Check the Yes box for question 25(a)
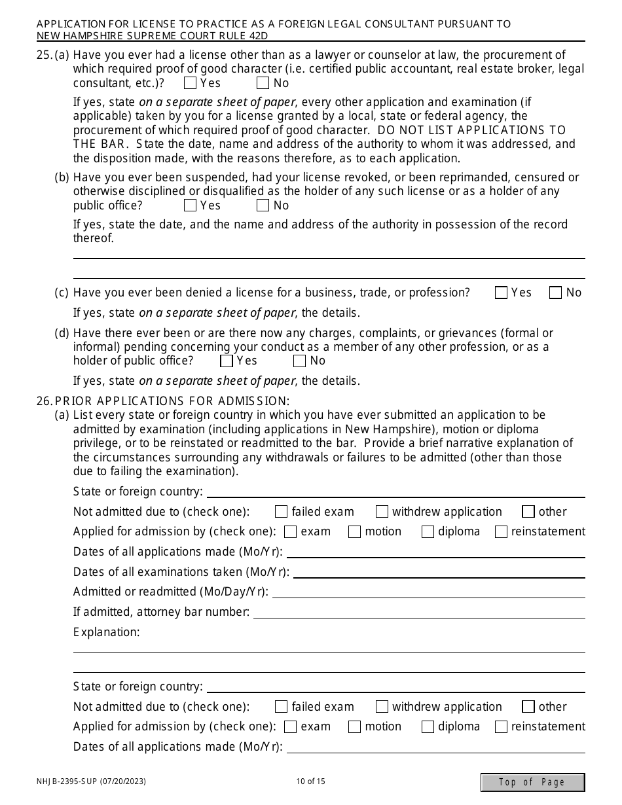(x=191, y=83)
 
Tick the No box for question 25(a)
(x=263, y=83)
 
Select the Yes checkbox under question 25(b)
(x=191, y=206)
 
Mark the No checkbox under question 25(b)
(x=263, y=206)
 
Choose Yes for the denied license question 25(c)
(x=502, y=293)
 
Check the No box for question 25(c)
(x=556, y=293)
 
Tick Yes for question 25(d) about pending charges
(x=227, y=361)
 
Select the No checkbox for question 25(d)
(x=300, y=361)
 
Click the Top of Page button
(x=532, y=782)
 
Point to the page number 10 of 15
(x=310, y=781)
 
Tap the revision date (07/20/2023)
(x=124, y=781)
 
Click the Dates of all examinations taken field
(x=439, y=572)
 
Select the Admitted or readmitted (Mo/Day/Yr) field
(x=428, y=592)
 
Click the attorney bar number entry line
(x=419, y=612)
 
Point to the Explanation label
(x=106, y=632)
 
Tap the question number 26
(x=43, y=401)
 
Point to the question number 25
(x=43, y=55)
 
